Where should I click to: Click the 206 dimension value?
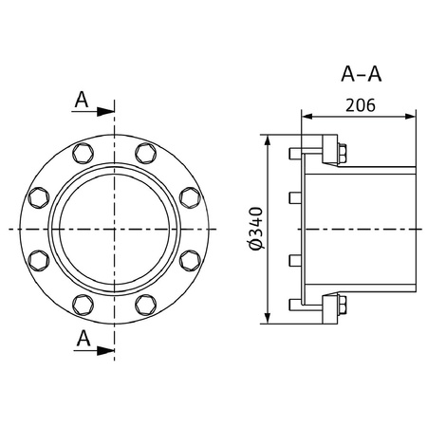pos(358,105)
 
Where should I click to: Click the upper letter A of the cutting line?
pos(83,99)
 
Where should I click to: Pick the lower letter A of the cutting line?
pos(83,339)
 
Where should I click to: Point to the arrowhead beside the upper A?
pos(107,111)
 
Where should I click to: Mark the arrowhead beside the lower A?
pos(107,351)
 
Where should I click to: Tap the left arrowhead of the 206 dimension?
pos(306,116)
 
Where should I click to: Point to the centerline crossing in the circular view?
pos(115,229)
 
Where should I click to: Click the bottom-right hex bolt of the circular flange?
pos(146,304)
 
